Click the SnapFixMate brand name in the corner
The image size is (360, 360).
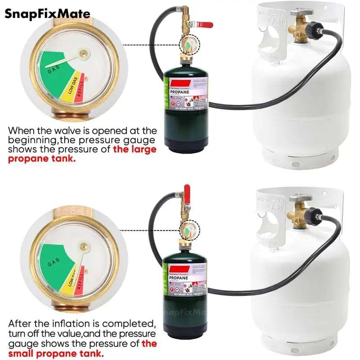point(47,13)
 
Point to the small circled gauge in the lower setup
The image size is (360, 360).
point(185,230)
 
